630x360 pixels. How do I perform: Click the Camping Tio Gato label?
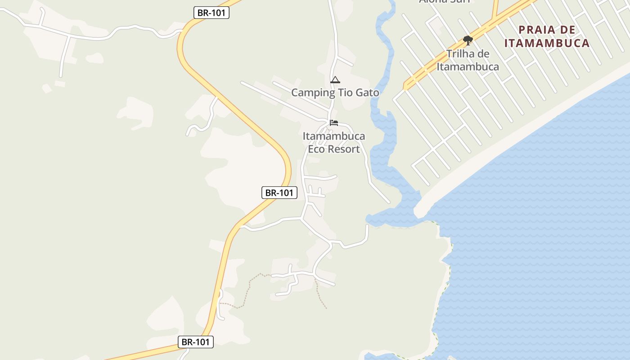coord(335,93)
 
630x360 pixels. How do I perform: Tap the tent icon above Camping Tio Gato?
coord(335,80)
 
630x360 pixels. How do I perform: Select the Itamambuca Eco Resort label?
coord(333,142)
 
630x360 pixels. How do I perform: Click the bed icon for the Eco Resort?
coord(333,122)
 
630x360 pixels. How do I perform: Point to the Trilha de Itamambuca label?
coord(468,60)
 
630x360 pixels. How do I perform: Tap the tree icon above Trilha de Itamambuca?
coord(468,40)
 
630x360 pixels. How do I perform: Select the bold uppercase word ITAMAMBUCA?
coord(547,43)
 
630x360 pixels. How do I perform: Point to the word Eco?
coord(316,149)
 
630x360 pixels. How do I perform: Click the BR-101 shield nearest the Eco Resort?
coord(279,193)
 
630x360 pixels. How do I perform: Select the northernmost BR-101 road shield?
coord(211,13)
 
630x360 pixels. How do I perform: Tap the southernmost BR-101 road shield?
coord(195,342)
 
